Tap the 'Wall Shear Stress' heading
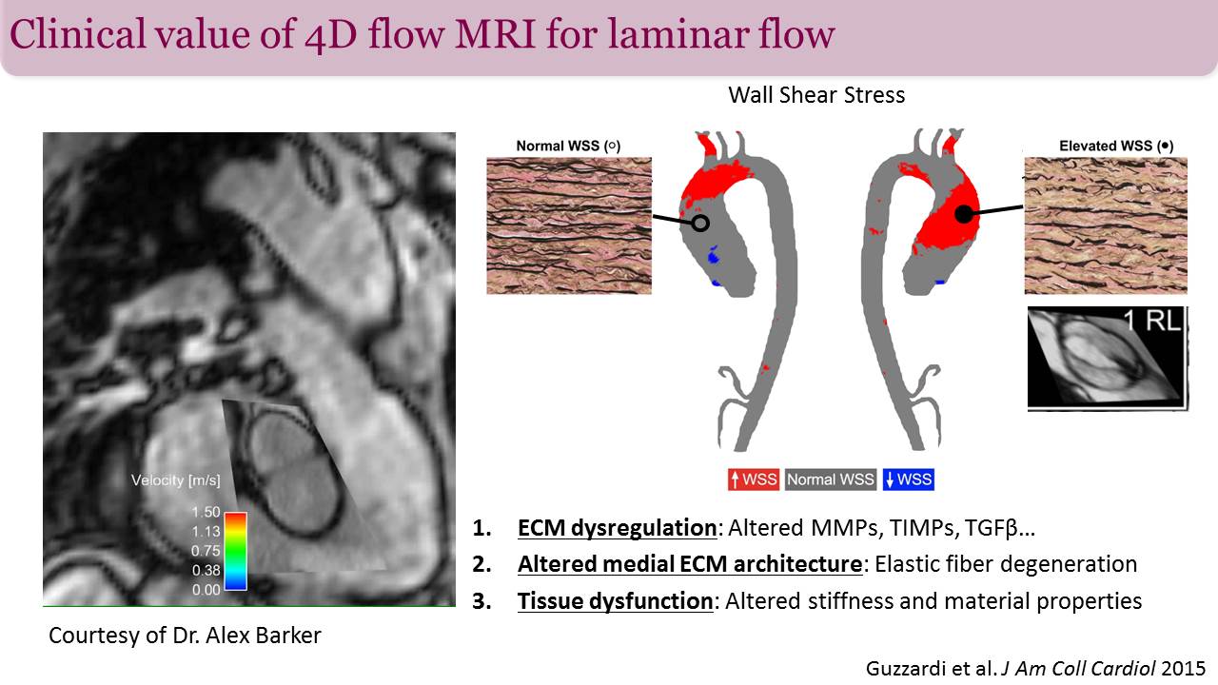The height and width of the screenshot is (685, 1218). coord(816,95)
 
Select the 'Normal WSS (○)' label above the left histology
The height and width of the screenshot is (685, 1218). coord(568,147)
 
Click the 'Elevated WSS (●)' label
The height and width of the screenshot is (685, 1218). coord(1115,147)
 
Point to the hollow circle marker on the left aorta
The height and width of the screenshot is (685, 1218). coord(700,223)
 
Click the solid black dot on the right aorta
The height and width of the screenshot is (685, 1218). coord(964,215)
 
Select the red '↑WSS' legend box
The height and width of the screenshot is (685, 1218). coord(754,479)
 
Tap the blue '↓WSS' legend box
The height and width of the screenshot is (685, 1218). coord(908,479)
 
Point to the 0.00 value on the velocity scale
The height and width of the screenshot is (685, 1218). coord(205,590)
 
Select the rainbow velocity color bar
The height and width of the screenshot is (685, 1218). coord(237,551)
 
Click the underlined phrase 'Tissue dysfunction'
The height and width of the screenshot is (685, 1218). coord(615,601)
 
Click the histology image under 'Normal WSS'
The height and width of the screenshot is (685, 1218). coord(569,225)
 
